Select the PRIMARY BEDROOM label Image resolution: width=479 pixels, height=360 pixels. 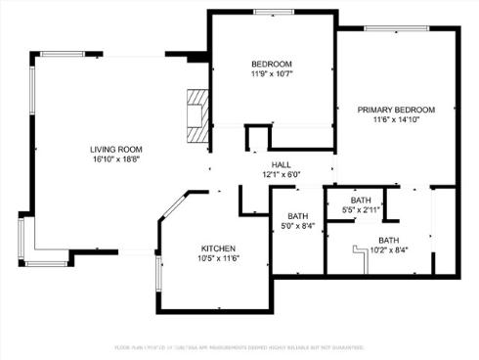(x=395, y=110)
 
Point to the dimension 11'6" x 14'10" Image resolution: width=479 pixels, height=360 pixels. (x=395, y=119)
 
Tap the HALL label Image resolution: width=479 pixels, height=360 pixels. (x=281, y=164)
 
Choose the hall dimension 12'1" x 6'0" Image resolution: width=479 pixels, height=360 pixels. (x=281, y=174)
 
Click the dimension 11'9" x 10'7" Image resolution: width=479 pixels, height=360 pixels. (x=272, y=73)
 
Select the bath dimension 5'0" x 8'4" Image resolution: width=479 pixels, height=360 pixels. (x=298, y=226)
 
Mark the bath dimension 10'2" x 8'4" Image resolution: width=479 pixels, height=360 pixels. (x=388, y=249)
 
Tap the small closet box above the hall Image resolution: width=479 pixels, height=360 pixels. (x=258, y=136)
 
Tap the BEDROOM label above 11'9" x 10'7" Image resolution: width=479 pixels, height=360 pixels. (x=272, y=64)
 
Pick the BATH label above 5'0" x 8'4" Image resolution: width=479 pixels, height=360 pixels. (x=298, y=216)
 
